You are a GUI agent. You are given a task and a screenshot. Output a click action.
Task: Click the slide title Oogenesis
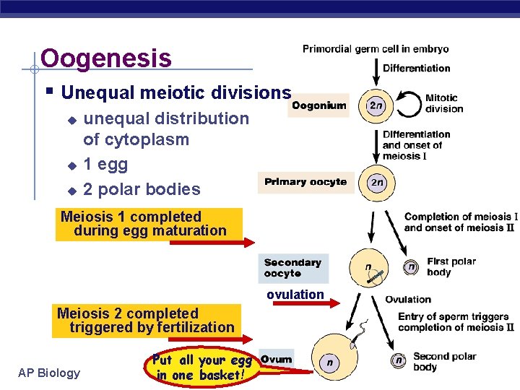point(106,58)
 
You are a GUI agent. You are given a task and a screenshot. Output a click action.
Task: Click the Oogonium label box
point(318,105)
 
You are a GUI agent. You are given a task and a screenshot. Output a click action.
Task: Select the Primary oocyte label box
point(305,182)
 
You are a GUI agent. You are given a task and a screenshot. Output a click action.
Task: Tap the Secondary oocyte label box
point(292,268)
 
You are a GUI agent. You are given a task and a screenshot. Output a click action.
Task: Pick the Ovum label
point(276,359)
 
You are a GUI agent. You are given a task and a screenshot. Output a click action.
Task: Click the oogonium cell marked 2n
point(376,105)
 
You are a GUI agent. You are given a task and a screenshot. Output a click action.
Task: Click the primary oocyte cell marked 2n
point(376,183)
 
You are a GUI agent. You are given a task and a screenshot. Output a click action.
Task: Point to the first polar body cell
point(411,266)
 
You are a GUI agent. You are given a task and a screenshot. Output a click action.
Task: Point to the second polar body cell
point(398,360)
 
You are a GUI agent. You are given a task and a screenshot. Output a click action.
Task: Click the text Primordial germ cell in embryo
point(375,49)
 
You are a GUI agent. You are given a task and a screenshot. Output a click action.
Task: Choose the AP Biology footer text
point(49,373)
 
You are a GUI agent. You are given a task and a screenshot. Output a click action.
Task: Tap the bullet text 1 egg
point(105,165)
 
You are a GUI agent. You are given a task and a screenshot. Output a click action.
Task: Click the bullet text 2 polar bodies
point(142,189)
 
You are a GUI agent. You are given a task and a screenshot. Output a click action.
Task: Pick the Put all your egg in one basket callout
point(202,368)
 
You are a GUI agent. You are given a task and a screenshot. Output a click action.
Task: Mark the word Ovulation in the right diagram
point(408,299)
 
